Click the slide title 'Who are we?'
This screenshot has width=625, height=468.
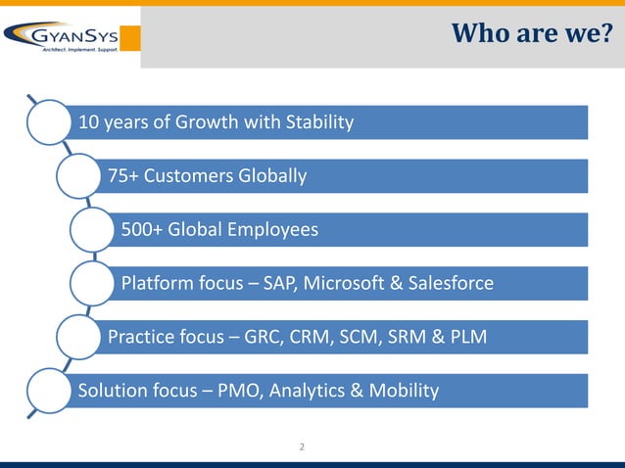point(533,34)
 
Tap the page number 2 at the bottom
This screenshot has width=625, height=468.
point(302,447)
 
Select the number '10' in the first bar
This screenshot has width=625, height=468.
point(88,122)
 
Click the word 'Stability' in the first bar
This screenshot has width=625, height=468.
point(317,122)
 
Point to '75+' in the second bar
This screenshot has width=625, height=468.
point(124,176)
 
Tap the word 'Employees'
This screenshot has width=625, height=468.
point(273,230)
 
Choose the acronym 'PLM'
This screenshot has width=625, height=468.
point(465,338)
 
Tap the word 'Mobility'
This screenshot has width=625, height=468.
point(402,392)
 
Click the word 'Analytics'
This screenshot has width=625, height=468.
point(309,392)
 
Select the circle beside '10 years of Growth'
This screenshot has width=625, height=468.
point(50,122)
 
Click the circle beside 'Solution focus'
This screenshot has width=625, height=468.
point(50,390)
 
